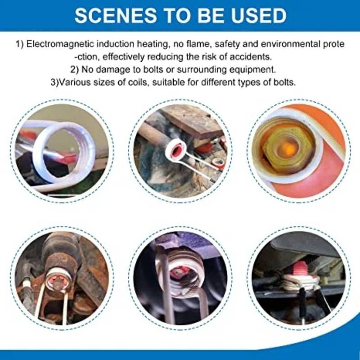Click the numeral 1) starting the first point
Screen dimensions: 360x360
point(20,44)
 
